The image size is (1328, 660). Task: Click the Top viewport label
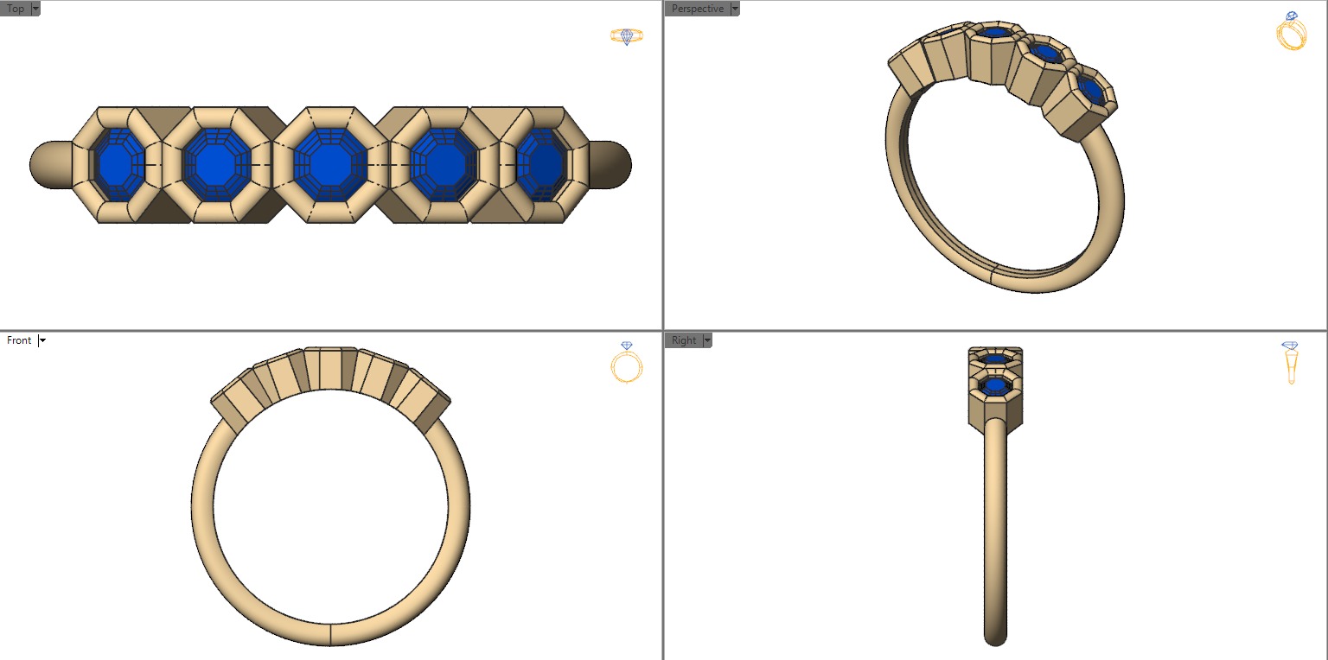point(16,9)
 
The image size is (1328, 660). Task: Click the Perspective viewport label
point(697,9)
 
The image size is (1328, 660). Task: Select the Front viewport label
point(19,340)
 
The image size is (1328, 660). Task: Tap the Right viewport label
point(683,340)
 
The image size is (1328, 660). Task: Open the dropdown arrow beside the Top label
point(35,9)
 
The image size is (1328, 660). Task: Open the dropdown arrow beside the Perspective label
point(735,9)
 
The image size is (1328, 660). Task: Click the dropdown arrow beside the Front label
point(42,340)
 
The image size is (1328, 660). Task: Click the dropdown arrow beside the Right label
point(707,340)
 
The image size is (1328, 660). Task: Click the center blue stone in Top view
point(326,164)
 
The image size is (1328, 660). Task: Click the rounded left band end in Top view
point(48,164)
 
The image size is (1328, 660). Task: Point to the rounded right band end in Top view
point(611,164)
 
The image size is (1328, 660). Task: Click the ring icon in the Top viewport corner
point(627,35)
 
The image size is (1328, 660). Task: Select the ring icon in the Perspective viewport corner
point(1291,32)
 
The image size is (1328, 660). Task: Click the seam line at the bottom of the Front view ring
point(331,633)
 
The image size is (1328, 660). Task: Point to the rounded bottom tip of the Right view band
point(995,638)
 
